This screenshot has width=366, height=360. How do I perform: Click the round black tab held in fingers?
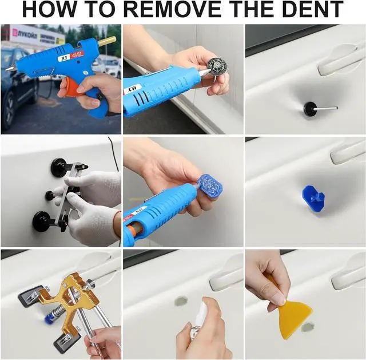[x=218, y=66]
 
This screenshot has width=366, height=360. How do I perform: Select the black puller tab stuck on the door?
[x=311, y=107]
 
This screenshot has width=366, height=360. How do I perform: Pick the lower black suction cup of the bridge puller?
[x=42, y=221]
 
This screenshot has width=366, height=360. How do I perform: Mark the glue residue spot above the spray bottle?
[x=181, y=300]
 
